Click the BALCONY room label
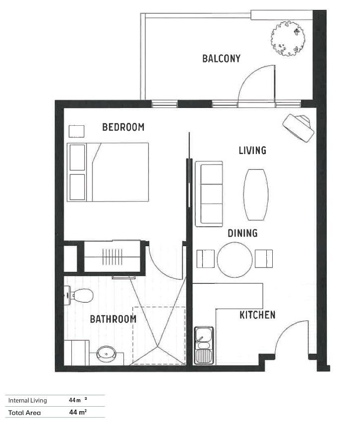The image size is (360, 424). pos(221,58)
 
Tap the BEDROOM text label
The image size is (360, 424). pos(123,127)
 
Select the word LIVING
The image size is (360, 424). pos(252,150)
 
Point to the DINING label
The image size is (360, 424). pos(242,233)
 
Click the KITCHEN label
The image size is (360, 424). pos(257,315)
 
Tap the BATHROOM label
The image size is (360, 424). pos(113,319)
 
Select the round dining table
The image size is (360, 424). pos(235,260)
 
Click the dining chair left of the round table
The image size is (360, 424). pos(205,259)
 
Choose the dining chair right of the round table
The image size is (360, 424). pos(264,259)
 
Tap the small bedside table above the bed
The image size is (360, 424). pos(76,131)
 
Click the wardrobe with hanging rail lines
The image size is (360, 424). pos(112,257)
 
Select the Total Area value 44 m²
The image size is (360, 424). pos(78,412)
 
